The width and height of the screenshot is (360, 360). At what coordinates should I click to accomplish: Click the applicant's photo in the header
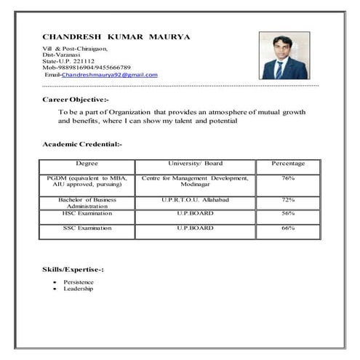pyautogui.click(x=284, y=56)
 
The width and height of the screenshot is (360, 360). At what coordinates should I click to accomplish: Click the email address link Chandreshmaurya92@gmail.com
pyautogui.click(x=109, y=75)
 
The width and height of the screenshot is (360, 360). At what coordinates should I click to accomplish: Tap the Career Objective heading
pyautogui.click(x=76, y=98)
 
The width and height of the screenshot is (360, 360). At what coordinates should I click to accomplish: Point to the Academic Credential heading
pyautogui.click(x=82, y=145)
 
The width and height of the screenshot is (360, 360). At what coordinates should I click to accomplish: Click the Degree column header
pyautogui.click(x=87, y=164)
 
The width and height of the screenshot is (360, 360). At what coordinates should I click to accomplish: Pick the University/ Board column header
pyautogui.click(x=195, y=164)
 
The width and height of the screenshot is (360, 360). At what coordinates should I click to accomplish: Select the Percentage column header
pyautogui.click(x=287, y=164)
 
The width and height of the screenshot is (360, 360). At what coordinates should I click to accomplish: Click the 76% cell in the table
pyautogui.click(x=287, y=178)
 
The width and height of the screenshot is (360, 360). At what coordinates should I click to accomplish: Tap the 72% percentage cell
pyautogui.click(x=287, y=199)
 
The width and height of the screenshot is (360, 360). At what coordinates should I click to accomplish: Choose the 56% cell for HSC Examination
pyautogui.click(x=287, y=213)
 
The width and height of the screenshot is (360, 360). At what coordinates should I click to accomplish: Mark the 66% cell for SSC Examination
pyautogui.click(x=287, y=228)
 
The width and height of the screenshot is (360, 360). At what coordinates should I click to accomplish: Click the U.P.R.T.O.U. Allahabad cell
pyautogui.click(x=195, y=199)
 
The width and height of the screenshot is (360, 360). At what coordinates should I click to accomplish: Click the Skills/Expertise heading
pyautogui.click(x=73, y=270)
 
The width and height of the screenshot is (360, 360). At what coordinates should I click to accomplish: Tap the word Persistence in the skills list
pyautogui.click(x=79, y=281)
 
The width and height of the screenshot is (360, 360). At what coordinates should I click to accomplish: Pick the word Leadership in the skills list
pyautogui.click(x=78, y=289)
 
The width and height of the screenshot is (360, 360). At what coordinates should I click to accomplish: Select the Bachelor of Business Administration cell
pyautogui.click(x=87, y=202)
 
